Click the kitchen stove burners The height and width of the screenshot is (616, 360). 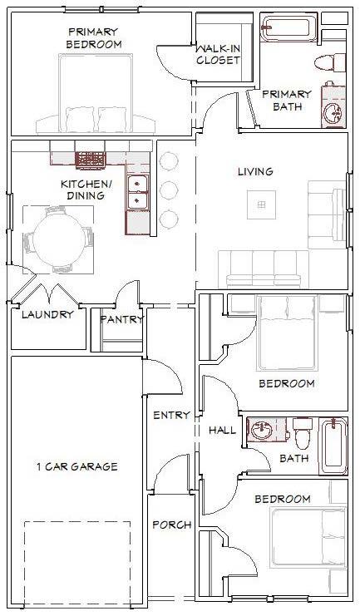(x=91, y=160)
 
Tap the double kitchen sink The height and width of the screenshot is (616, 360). (x=137, y=192)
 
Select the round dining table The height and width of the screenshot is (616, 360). (x=58, y=239)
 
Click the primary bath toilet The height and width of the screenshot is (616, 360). (x=330, y=62)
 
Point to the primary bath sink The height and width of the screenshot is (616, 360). (x=334, y=112)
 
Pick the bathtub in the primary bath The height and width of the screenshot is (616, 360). (x=289, y=28)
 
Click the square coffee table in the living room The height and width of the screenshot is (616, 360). (x=261, y=205)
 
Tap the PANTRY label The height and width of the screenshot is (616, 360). (x=121, y=319)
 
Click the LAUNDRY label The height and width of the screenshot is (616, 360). (x=47, y=314)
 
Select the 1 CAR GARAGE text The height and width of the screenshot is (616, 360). (x=77, y=466)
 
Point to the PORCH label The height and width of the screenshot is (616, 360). (x=172, y=525)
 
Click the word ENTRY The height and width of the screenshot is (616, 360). (x=171, y=415)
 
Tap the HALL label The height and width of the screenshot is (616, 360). (x=223, y=430)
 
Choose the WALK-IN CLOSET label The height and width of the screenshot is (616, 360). (x=219, y=55)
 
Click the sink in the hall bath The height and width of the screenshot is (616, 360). (x=262, y=431)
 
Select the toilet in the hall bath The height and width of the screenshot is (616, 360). (x=303, y=433)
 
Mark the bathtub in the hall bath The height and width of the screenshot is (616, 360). (x=334, y=446)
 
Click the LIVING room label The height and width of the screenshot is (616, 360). (x=255, y=172)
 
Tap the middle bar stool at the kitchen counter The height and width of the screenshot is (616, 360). (x=169, y=190)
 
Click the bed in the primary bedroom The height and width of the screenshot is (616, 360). (x=96, y=93)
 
